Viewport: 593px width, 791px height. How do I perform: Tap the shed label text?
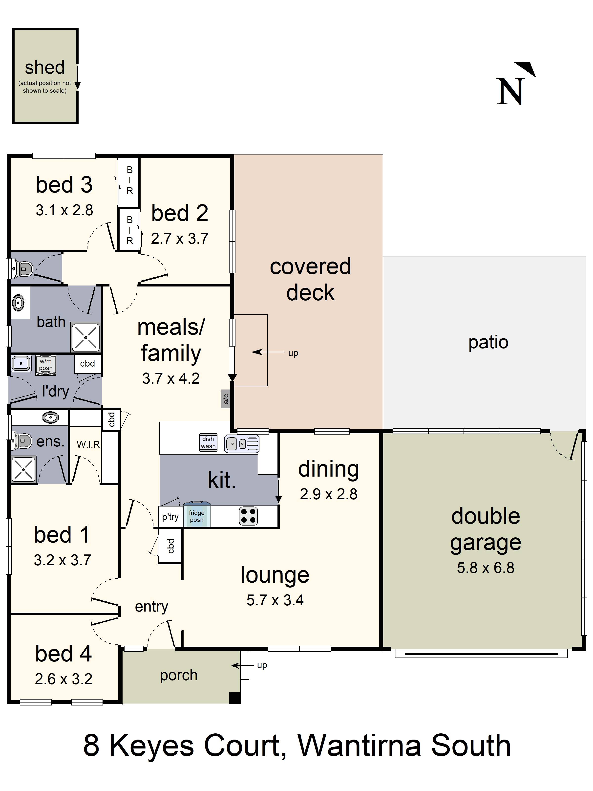[45, 67]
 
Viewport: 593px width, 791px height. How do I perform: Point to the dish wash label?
[208, 442]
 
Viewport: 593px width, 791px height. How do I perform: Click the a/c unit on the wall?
[226, 398]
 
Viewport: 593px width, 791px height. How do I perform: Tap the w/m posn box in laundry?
[46, 365]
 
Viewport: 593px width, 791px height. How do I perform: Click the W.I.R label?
[88, 444]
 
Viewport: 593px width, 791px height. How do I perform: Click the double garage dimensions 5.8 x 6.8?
[486, 568]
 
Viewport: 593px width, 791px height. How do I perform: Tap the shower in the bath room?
[86, 337]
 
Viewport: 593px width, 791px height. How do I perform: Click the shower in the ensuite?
[23, 469]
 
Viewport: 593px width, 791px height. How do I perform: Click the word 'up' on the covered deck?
[293, 353]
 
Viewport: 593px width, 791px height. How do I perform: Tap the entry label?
[151, 607]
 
